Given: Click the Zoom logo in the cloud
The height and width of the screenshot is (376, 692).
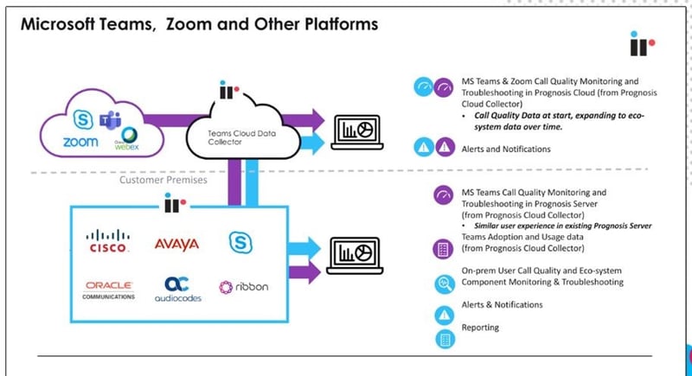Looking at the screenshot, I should pyautogui.click(x=80, y=142).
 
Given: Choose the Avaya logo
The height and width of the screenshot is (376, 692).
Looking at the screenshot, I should pyautogui.click(x=176, y=244).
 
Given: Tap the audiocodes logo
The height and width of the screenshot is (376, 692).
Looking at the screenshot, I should pyautogui.click(x=176, y=289).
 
